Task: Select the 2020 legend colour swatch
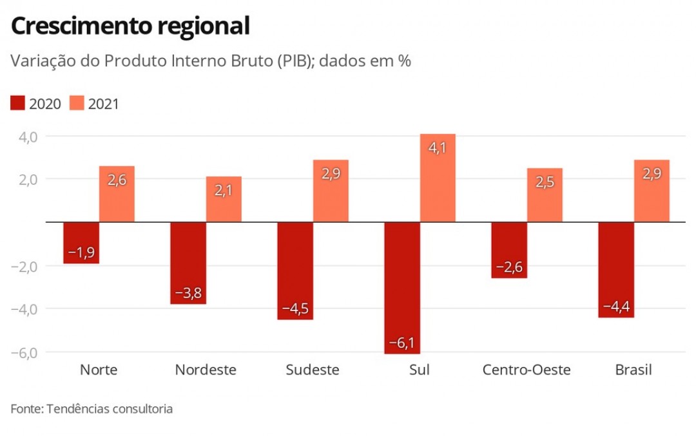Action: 18,103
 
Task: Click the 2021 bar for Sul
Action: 438,178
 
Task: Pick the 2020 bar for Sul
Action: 402,287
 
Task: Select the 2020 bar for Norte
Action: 81,243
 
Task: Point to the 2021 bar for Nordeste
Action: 224,199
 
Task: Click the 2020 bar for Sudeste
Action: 295,270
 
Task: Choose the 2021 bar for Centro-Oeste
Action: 545,195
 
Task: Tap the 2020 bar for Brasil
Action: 616,269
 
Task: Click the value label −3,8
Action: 188,294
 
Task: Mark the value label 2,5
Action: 545,182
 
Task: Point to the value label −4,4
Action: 616,307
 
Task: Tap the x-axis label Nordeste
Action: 206,370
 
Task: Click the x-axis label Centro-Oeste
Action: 527,370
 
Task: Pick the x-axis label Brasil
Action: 633,370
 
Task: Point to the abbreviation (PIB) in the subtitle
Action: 296,61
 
